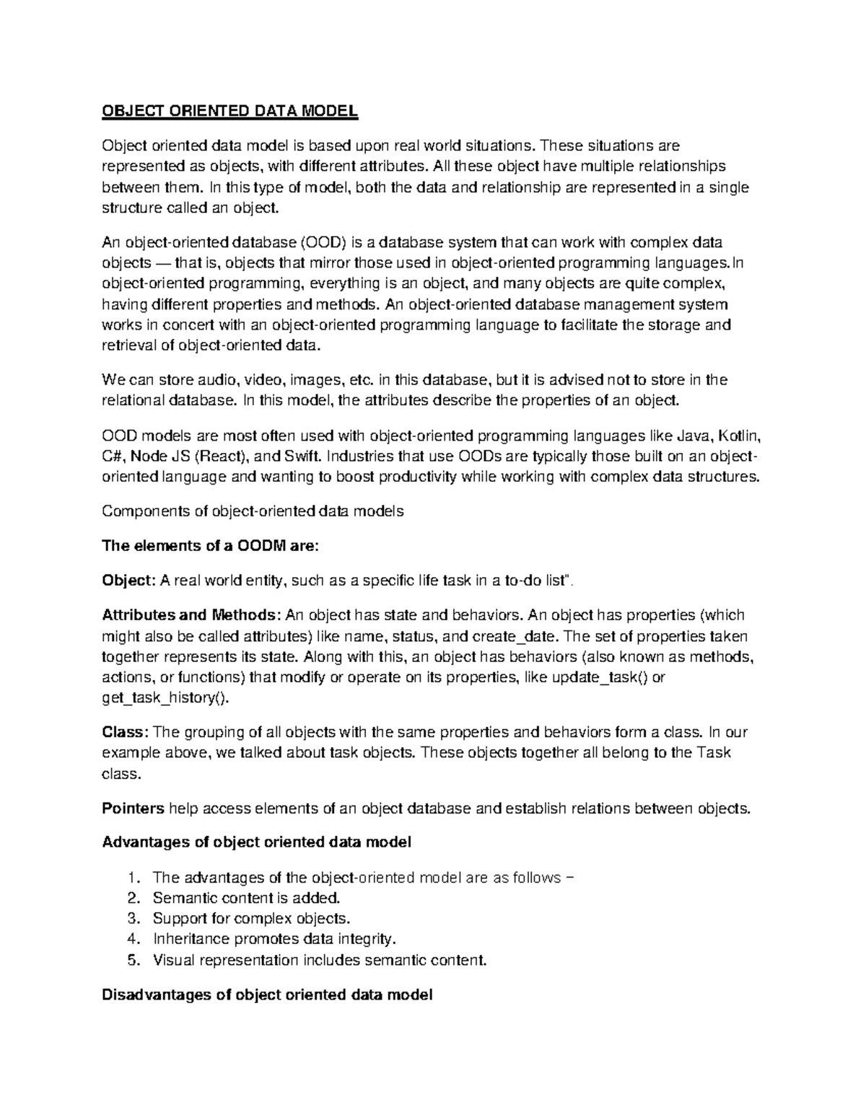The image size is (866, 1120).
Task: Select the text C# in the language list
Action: point(112,457)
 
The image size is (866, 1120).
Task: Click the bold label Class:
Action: point(126,732)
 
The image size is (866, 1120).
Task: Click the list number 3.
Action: point(131,919)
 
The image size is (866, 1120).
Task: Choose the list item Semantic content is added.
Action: point(245,898)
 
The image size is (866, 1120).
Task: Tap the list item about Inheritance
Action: point(274,939)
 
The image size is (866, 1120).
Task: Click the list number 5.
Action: point(131,960)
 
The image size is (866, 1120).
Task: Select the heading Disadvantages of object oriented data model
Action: point(267,995)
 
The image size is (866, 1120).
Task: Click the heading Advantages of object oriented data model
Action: point(256,842)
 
